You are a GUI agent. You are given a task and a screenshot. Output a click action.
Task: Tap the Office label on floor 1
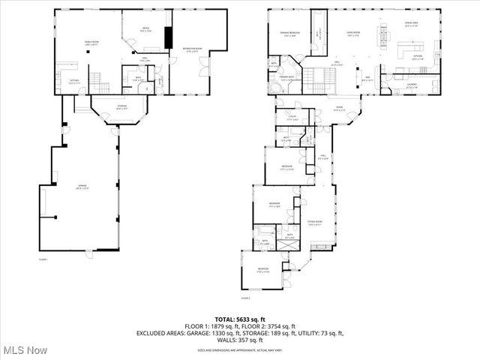pyautogui.click(x=147, y=30)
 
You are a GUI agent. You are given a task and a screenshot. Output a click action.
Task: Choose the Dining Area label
pyautogui.click(x=411, y=25)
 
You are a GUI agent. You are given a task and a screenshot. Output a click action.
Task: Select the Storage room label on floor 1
pyautogui.click(x=121, y=108)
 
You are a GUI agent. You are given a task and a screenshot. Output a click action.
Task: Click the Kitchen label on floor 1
pyautogui.click(x=74, y=82)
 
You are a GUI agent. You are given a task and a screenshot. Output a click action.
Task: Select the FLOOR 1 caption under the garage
pyautogui.click(x=43, y=259)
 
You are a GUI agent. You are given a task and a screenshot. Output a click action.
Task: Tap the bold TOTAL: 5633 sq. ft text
pyautogui.click(x=240, y=318)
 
